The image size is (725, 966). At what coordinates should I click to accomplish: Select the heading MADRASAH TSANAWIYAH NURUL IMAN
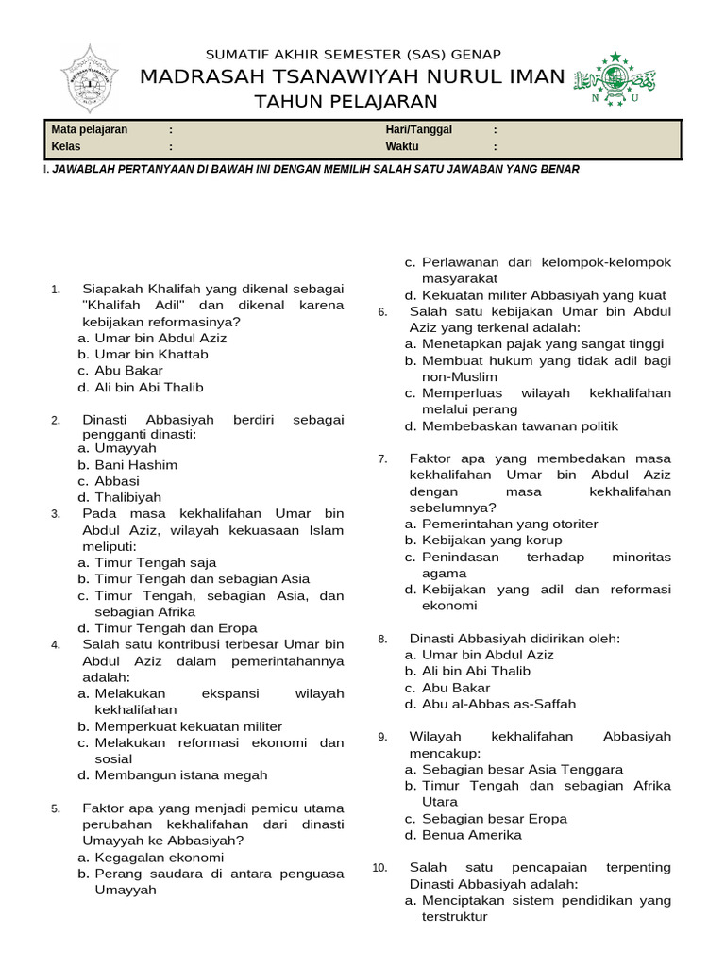(352, 77)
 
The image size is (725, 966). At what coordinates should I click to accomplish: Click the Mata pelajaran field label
(90, 130)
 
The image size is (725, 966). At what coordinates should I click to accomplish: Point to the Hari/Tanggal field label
(418, 130)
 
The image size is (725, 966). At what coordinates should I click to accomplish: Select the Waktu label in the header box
(401, 147)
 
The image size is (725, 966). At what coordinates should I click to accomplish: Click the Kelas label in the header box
(66, 147)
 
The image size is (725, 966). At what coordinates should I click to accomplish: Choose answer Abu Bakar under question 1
(128, 371)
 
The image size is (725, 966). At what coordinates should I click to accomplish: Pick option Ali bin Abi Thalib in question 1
(148, 387)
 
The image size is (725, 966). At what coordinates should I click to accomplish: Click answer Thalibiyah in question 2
(127, 497)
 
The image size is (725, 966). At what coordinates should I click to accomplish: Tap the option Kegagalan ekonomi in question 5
(159, 858)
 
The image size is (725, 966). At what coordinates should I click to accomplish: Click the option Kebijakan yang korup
(491, 540)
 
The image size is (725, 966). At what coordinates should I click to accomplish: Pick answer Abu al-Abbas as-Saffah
(497, 704)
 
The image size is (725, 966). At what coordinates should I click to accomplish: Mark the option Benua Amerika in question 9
(471, 835)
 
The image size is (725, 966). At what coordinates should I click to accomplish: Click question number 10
(379, 868)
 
